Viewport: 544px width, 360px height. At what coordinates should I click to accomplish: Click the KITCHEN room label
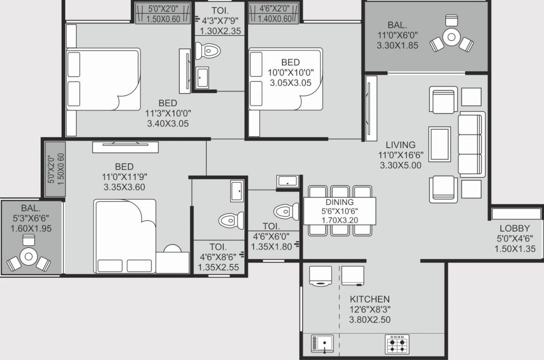[x=370, y=299]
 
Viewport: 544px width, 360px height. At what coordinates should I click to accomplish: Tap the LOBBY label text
[x=514, y=228]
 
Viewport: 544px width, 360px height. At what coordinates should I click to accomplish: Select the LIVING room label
[x=400, y=145]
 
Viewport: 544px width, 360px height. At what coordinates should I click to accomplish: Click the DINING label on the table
[x=340, y=202]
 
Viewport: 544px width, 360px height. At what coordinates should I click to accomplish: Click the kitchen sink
[x=323, y=344]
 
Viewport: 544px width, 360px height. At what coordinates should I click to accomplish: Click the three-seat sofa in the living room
[x=470, y=144]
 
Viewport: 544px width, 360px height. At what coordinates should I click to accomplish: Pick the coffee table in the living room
[x=439, y=144]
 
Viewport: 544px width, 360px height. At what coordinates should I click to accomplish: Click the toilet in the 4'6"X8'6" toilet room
[x=231, y=220]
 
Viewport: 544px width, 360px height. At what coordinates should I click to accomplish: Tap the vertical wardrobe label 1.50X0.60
[x=60, y=168]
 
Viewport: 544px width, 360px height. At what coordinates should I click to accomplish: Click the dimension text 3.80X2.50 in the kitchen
[x=370, y=320]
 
